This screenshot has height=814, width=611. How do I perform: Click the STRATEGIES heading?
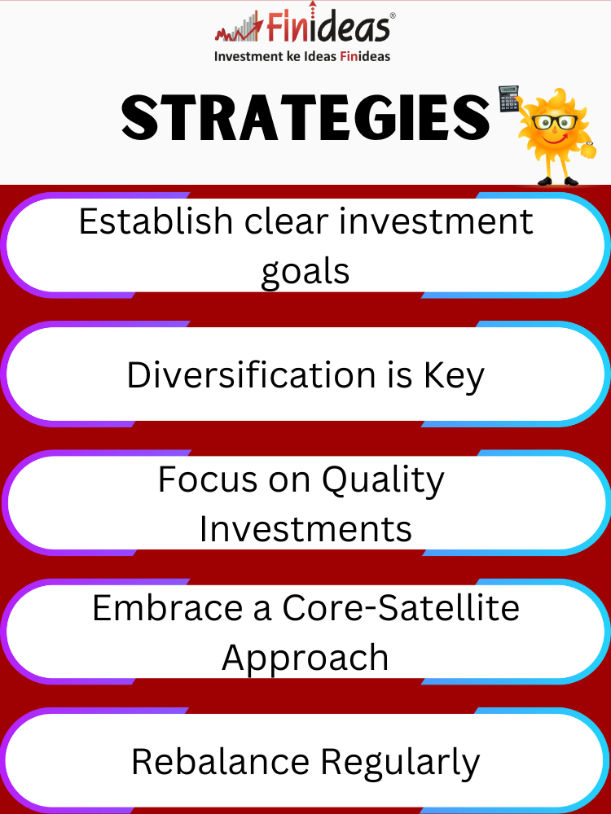305,118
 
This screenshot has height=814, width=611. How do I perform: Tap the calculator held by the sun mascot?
509,98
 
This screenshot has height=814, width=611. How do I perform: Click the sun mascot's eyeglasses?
554,122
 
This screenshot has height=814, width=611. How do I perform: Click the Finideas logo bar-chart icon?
240,28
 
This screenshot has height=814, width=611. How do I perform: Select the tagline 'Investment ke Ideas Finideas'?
302,56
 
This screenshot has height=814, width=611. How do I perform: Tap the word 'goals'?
305,272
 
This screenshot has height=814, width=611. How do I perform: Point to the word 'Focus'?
208,479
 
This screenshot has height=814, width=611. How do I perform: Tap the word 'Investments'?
305,528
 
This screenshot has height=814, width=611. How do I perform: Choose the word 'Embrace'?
167,607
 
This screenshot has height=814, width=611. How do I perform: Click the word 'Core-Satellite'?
401,607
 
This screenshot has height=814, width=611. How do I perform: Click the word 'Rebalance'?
220,762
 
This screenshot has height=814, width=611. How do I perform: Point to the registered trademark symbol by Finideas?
392,16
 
